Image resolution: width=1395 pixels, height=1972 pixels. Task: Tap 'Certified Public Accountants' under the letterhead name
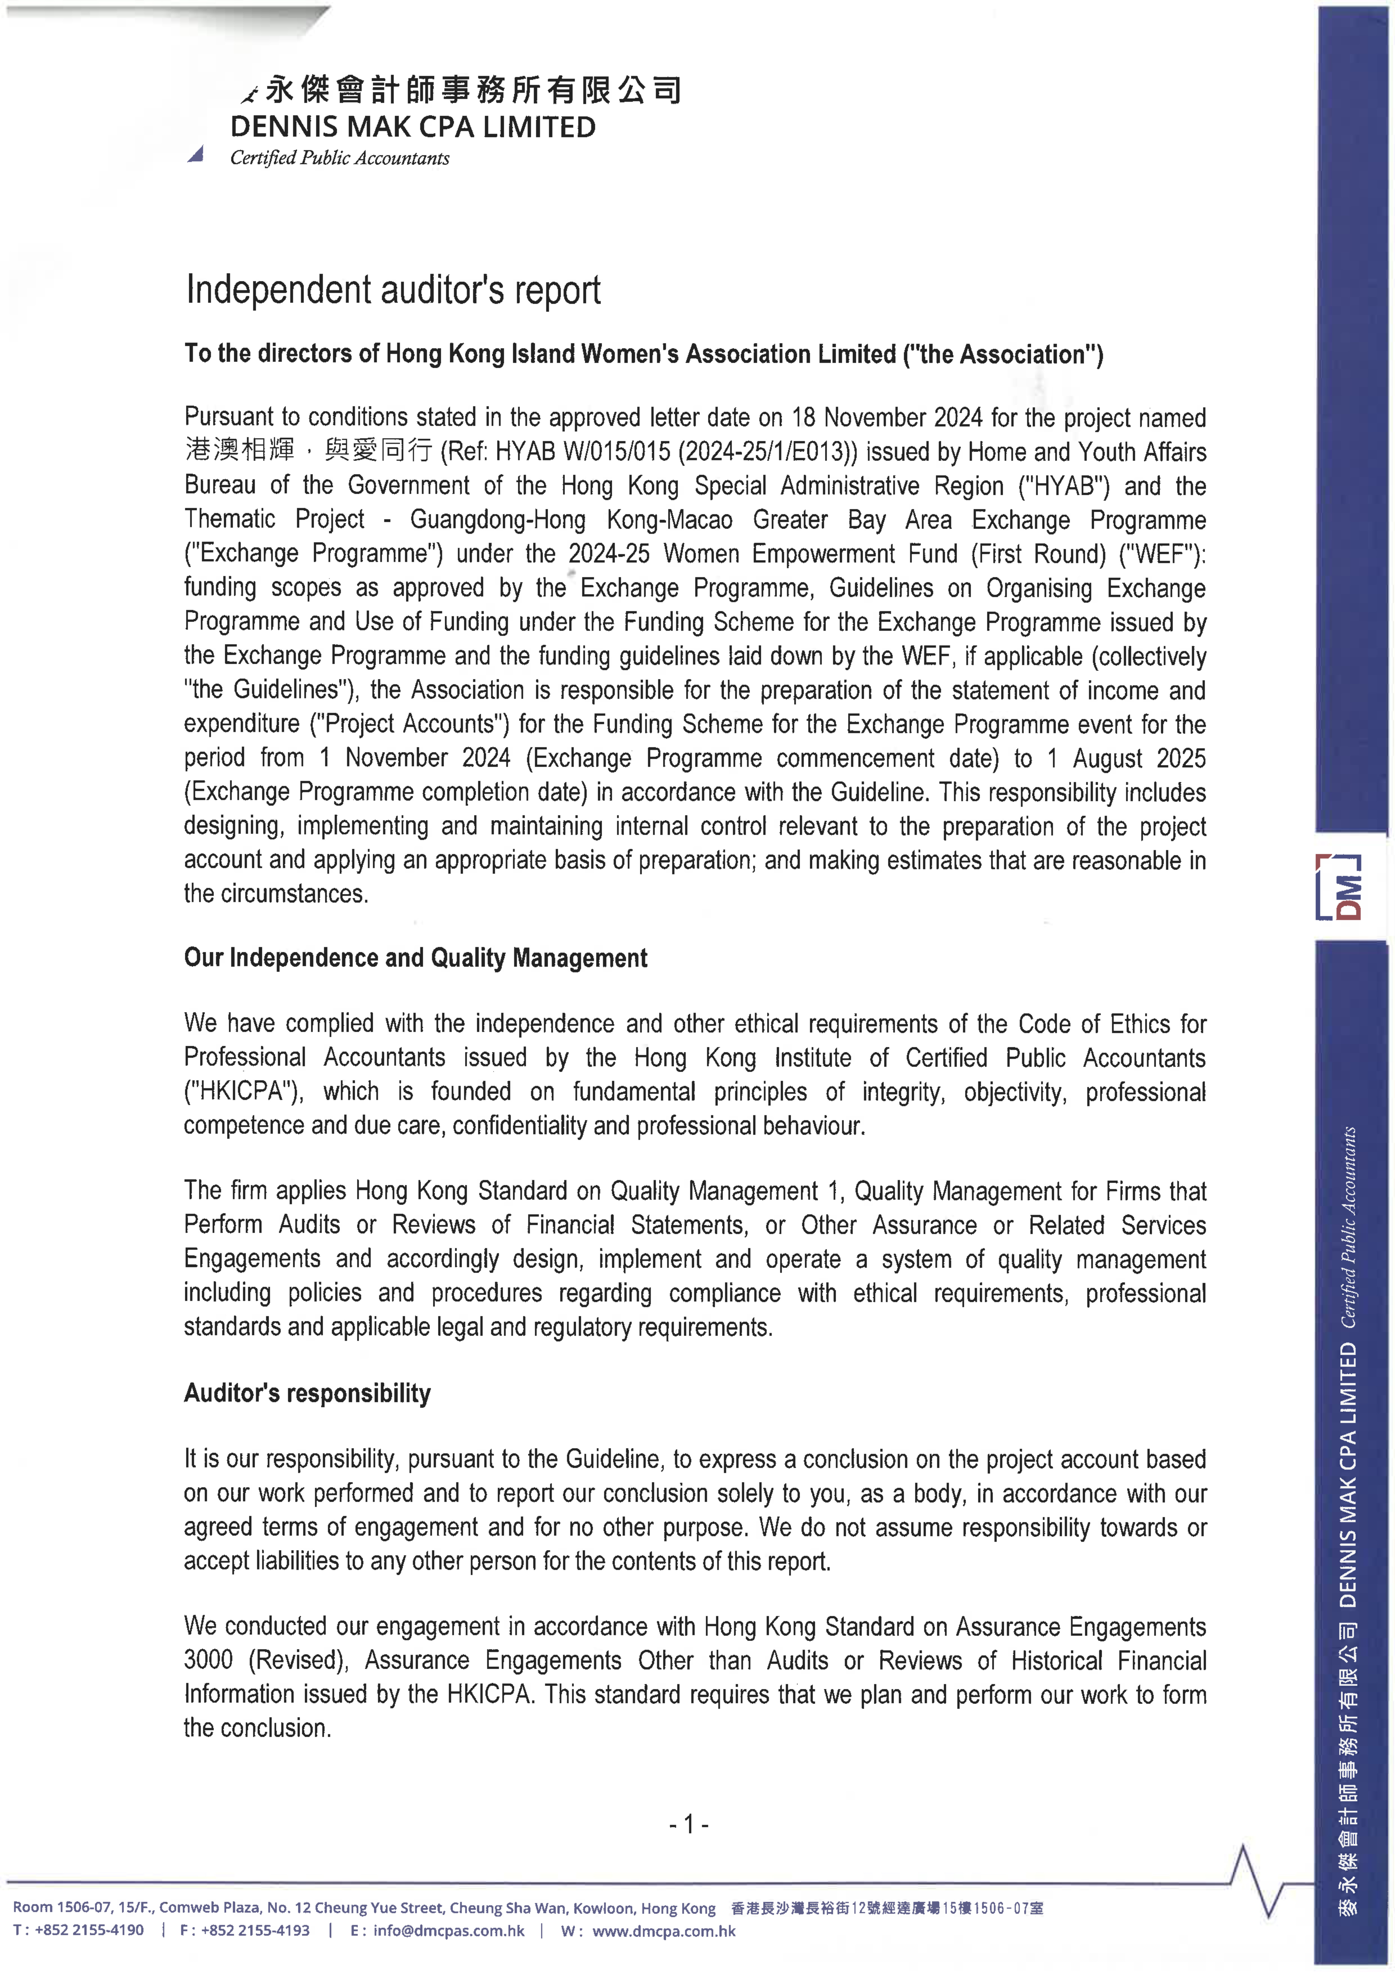coord(339,158)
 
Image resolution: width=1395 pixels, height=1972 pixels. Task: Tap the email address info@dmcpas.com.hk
coord(448,1931)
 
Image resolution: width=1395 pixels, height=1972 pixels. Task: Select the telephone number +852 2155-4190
coord(89,1931)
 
